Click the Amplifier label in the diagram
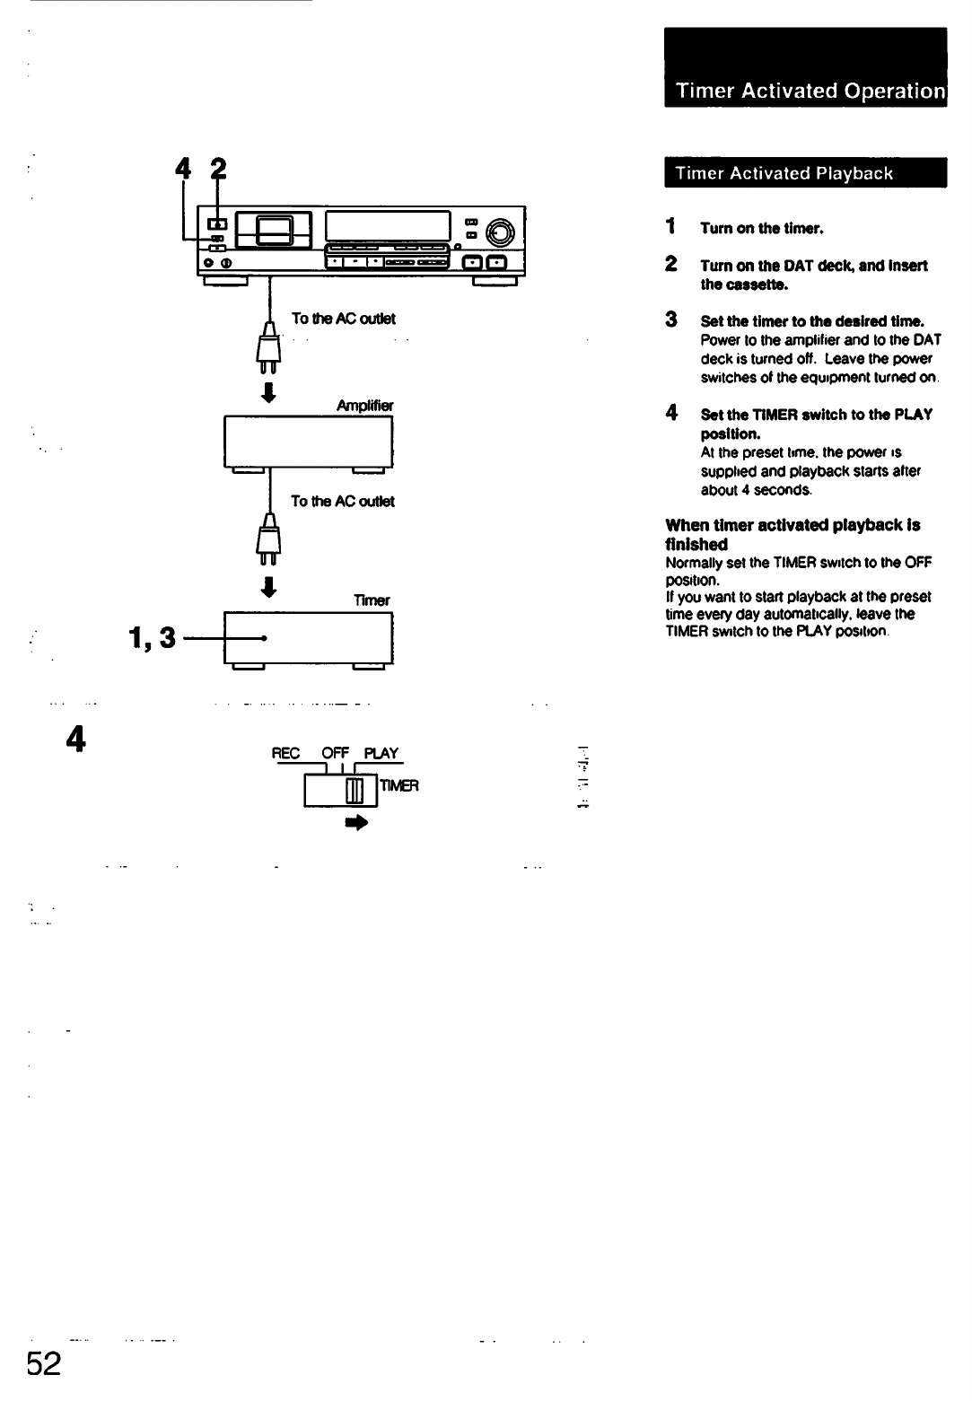point(364,406)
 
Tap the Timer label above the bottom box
point(373,600)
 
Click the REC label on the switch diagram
point(285,753)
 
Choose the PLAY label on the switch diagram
point(381,753)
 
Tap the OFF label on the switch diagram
point(334,753)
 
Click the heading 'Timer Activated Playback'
point(784,173)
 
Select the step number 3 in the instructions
point(670,320)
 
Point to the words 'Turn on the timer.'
point(761,228)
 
